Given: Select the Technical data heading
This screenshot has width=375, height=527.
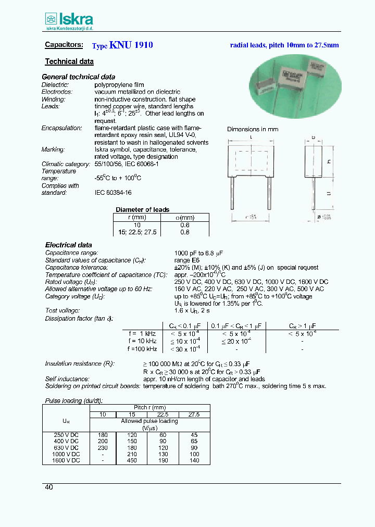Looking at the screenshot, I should [69, 61].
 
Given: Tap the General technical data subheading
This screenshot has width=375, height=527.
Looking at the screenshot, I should [78, 77].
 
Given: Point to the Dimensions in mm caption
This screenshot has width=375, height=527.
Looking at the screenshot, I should [253, 129].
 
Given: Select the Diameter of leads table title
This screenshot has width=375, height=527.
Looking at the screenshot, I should [142, 210].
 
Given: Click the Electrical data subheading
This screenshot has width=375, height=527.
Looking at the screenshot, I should [68, 245].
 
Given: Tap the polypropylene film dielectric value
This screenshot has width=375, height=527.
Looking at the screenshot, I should [119, 84].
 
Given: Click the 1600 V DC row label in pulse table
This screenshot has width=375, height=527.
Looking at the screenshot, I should [67, 460].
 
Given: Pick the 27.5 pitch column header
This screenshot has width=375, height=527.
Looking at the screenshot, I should [194, 415].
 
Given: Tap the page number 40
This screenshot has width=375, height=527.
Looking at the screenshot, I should [48, 487].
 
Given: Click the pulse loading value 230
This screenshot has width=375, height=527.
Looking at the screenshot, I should [102, 447].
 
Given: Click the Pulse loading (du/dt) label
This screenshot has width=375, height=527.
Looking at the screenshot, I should [73, 400].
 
